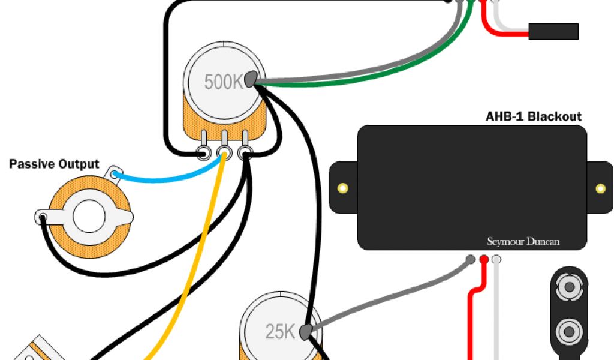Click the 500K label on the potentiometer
223,82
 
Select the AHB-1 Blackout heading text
533,116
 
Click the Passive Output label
54,164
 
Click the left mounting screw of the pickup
342,188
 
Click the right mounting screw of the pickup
601,188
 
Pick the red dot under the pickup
484,260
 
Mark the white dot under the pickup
496,260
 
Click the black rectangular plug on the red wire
553,31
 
